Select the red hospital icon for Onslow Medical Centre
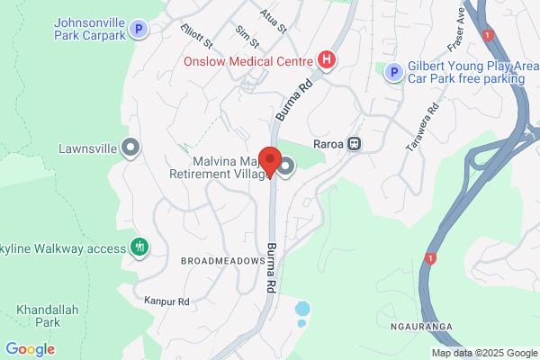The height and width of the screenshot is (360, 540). pyautogui.click(x=327, y=61)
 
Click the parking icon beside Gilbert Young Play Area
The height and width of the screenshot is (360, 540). pyautogui.click(x=392, y=72)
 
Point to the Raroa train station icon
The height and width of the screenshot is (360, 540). pyautogui.click(x=355, y=143)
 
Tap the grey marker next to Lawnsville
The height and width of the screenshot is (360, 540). pyautogui.click(x=131, y=148)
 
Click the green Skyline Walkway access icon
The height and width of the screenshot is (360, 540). pyautogui.click(x=139, y=247)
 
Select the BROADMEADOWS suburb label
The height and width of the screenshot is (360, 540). pyautogui.click(x=222, y=260)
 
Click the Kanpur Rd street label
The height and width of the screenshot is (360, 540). pyautogui.click(x=166, y=301)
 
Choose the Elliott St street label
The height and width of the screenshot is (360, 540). pyautogui.click(x=195, y=37)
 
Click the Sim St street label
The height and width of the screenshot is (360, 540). pyautogui.click(x=246, y=37)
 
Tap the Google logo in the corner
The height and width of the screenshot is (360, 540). pyautogui.click(x=30, y=348)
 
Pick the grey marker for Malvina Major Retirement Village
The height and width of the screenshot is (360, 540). pyautogui.click(x=286, y=166)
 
